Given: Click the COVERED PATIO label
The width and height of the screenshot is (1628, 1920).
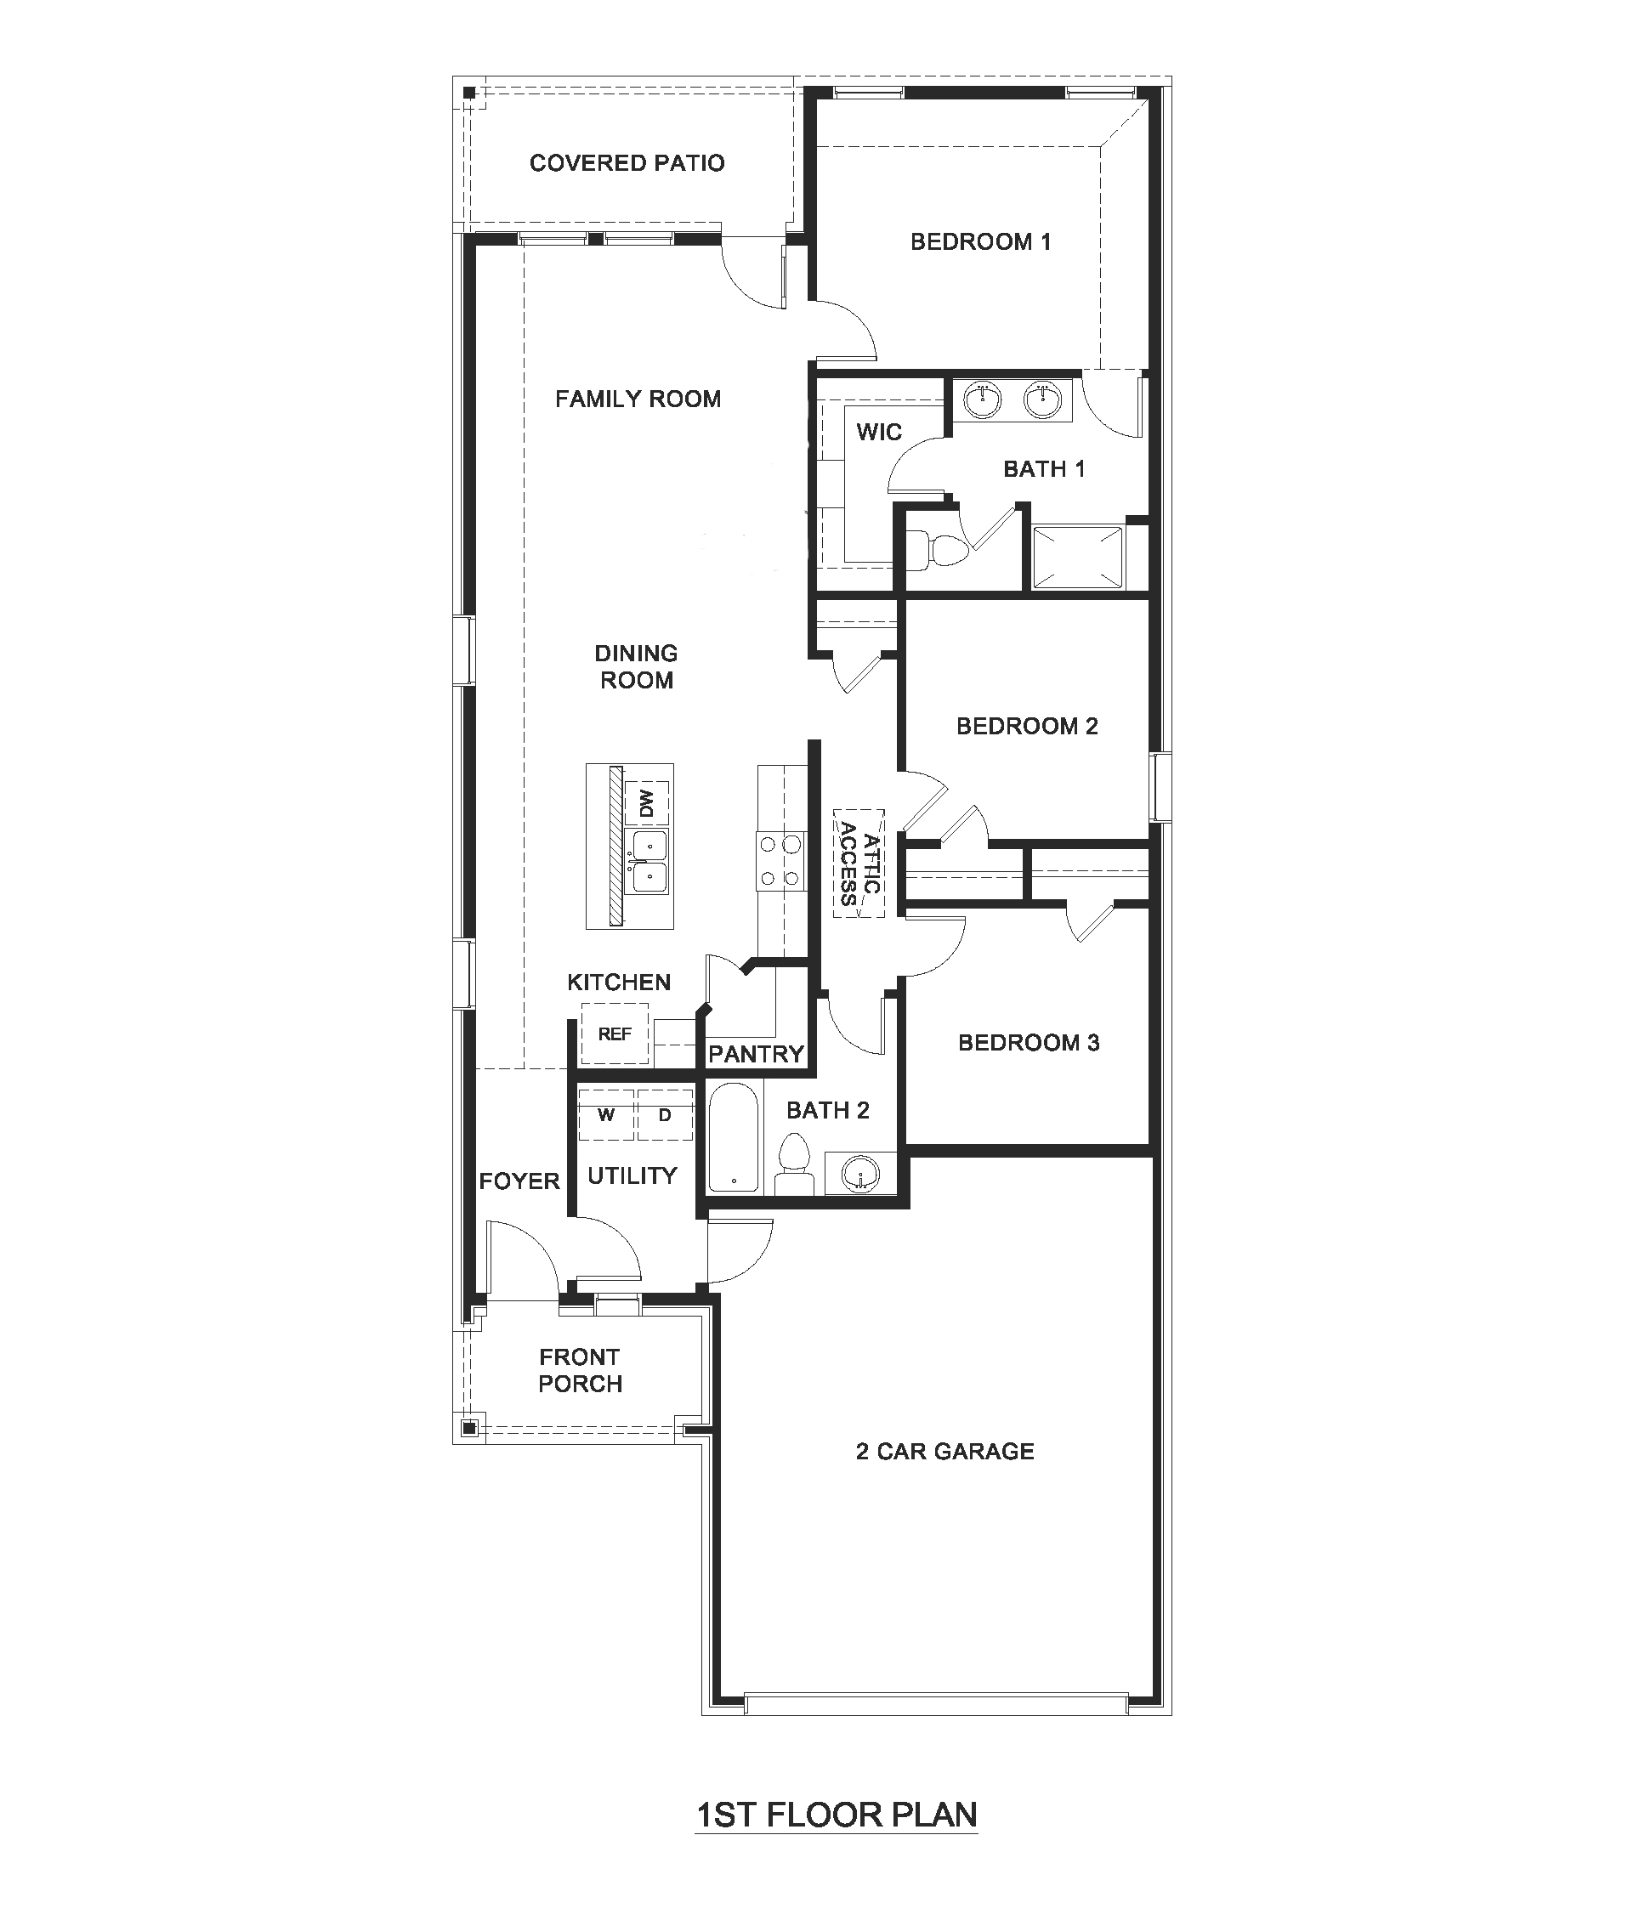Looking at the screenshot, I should click(627, 163).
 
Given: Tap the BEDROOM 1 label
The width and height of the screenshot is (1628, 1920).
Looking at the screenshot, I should click(980, 241).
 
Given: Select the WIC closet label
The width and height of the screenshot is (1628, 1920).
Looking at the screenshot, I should click(878, 432).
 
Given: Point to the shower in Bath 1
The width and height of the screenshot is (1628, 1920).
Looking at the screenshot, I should click(1078, 557).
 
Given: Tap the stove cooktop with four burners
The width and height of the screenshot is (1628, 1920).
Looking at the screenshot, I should click(778, 861).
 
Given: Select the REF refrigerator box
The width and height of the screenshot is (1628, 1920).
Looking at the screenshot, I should click(615, 1034).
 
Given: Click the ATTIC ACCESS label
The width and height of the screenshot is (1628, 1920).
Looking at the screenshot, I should click(859, 863).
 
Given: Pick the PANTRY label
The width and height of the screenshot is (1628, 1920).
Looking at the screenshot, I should click(756, 1054).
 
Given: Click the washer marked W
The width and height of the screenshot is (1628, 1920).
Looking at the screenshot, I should click(606, 1114).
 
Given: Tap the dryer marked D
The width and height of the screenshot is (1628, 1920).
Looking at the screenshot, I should click(665, 1114).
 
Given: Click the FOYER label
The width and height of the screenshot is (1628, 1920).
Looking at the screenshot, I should click(519, 1181).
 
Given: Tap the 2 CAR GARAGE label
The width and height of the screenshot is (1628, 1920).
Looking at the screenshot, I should click(945, 1452).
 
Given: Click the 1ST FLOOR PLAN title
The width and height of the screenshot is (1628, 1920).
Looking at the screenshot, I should click(837, 1815).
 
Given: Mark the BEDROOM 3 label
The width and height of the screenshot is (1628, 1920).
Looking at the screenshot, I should click(1028, 1043).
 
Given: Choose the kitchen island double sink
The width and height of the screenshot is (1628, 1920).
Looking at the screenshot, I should click(647, 862).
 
